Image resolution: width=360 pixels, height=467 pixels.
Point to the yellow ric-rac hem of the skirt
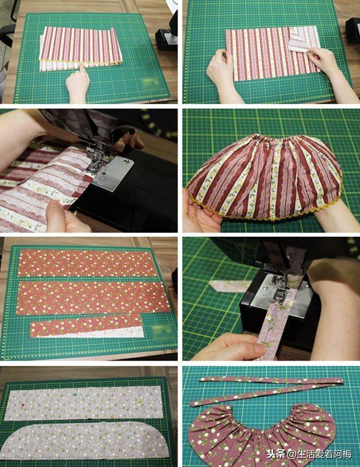(x=265, y=215)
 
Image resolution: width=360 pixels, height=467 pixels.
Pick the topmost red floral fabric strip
(x=87, y=263)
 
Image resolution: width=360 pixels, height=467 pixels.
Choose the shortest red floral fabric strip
(x=86, y=326)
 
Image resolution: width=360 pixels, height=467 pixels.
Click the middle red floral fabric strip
(x=92, y=298)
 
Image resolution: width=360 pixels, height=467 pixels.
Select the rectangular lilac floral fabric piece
(x=84, y=403)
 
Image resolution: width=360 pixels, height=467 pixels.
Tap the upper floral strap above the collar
(x=271, y=381)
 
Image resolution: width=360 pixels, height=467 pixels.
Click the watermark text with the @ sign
(x=309, y=454)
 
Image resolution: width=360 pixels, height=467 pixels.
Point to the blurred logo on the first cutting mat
(x=151, y=82)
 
